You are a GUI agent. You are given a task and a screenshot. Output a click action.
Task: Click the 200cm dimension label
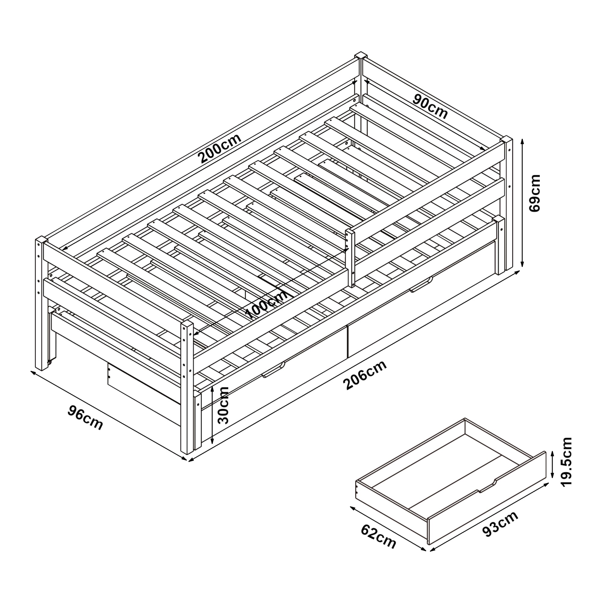(220, 149)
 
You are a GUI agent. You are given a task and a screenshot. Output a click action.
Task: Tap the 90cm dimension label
(430, 107)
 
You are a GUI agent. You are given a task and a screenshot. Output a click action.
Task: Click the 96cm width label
(85, 417)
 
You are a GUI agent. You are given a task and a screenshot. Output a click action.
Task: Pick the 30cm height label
(223, 405)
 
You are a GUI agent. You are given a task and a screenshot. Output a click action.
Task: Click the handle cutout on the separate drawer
(487, 486)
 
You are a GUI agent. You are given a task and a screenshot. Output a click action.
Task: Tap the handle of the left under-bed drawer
(273, 370)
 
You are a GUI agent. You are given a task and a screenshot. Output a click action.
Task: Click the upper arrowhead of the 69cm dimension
(523, 142)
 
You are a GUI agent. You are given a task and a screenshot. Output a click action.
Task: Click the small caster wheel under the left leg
(49, 362)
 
